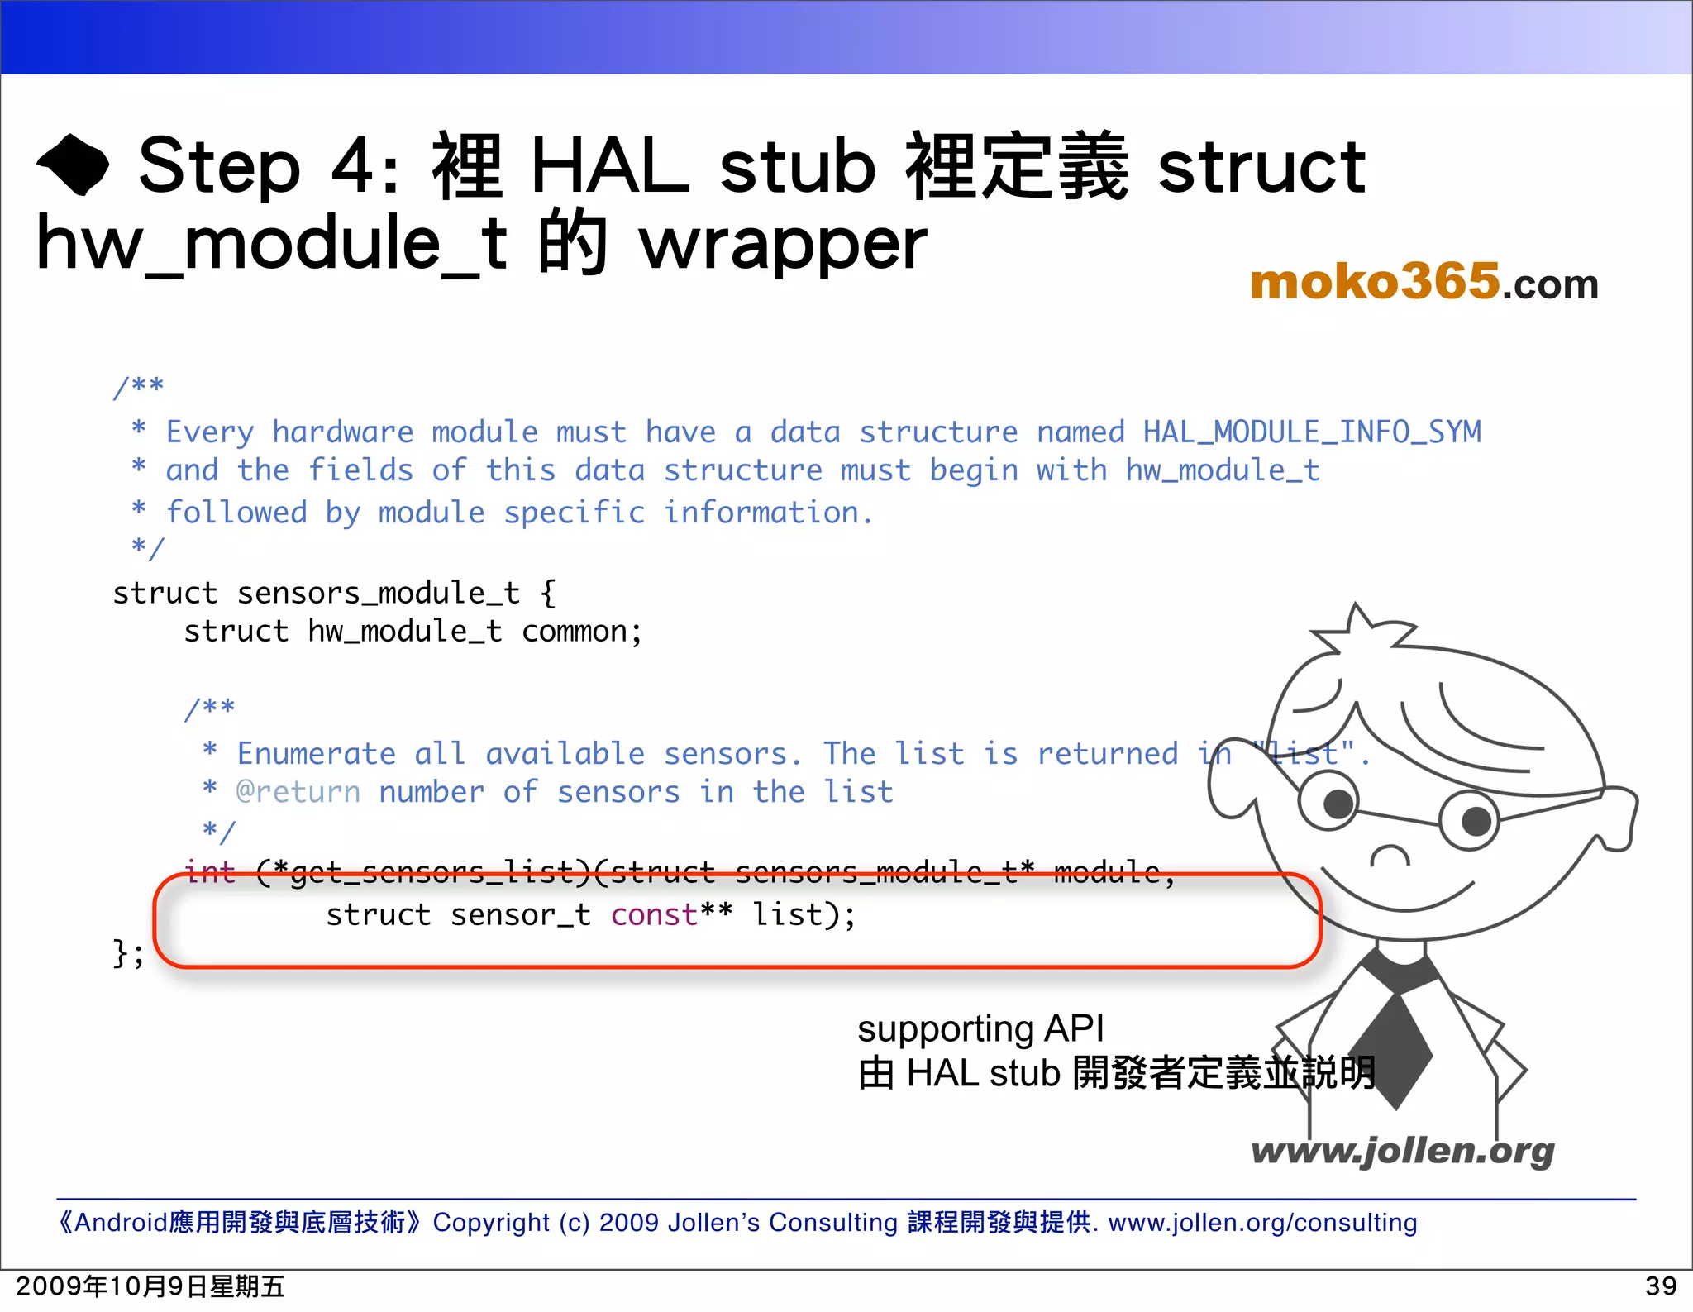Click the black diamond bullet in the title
73,165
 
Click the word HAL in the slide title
609,166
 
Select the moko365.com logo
1424,282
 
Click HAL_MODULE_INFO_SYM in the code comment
1312,432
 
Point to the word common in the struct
575,632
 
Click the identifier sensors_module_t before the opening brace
378,593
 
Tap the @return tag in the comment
298,792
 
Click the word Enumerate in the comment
316,753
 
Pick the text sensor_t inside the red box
520,914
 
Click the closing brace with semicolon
128,953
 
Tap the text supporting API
980,1028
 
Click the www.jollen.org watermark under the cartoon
1402,1151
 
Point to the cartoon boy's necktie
1396,1042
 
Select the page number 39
1660,1286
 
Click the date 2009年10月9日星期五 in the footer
150,1286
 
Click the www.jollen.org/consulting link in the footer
1262,1222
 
